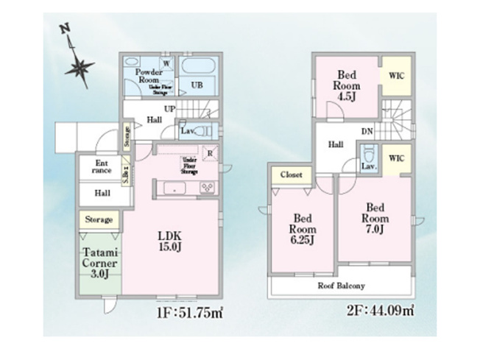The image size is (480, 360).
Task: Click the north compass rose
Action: click(x=79, y=66)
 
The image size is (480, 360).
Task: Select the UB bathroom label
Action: click(x=197, y=85)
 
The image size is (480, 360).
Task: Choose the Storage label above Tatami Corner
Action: click(x=98, y=219)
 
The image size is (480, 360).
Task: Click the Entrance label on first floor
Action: click(x=102, y=166)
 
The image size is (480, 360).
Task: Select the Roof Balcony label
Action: click(x=341, y=286)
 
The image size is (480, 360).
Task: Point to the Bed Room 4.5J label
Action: click(x=347, y=84)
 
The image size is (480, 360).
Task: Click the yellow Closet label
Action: click(x=291, y=175)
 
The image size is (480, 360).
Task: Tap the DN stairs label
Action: click(x=364, y=133)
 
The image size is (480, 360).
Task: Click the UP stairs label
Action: click(x=169, y=109)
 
